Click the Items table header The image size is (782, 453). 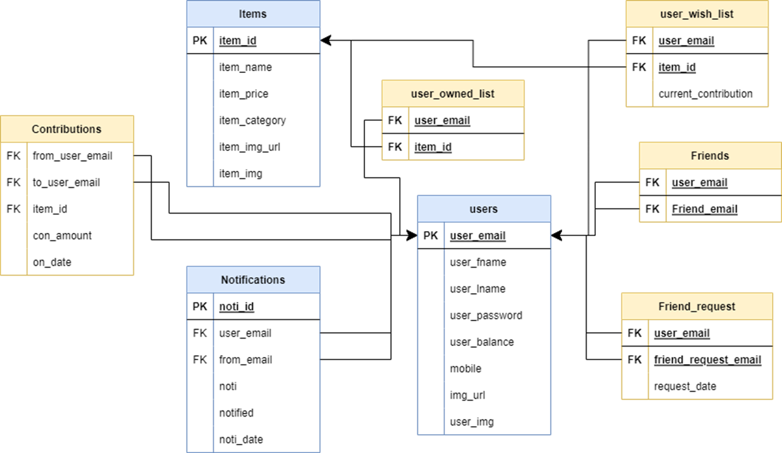pyautogui.click(x=253, y=14)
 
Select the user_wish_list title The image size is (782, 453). pyautogui.click(x=696, y=14)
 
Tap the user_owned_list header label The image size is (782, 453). pyautogui.click(x=453, y=94)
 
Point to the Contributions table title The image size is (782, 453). pyautogui.click(x=66, y=129)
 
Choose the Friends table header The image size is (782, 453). pyautogui.click(x=710, y=156)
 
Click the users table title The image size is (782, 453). pyautogui.click(x=484, y=209)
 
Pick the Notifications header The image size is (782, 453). pyautogui.click(x=253, y=280)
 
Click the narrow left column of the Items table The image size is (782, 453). pyautogui.click(x=200, y=106)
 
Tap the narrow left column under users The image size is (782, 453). pyautogui.click(x=431, y=328)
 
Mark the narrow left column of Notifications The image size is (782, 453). pyautogui.click(x=200, y=372)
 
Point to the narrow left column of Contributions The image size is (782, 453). pyautogui.click(x=13, y=209)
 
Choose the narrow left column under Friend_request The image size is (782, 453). pyautogui.click(x=635, y=359)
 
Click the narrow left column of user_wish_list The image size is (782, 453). pyautogui.click(x=639, y=67)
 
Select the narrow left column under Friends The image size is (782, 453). pyautogui.click(x=652, y=195)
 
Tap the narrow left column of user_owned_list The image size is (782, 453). pyautogui.click(x=395, y=133)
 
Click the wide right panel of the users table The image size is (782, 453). pyautogui.click(x=497, y=328)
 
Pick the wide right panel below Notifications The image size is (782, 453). pyautogui.click(x=266, y=372)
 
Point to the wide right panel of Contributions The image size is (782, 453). pyautogui.click(x=80, y=209)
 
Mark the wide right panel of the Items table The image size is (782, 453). pyautogui.click(x=266, y=106)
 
